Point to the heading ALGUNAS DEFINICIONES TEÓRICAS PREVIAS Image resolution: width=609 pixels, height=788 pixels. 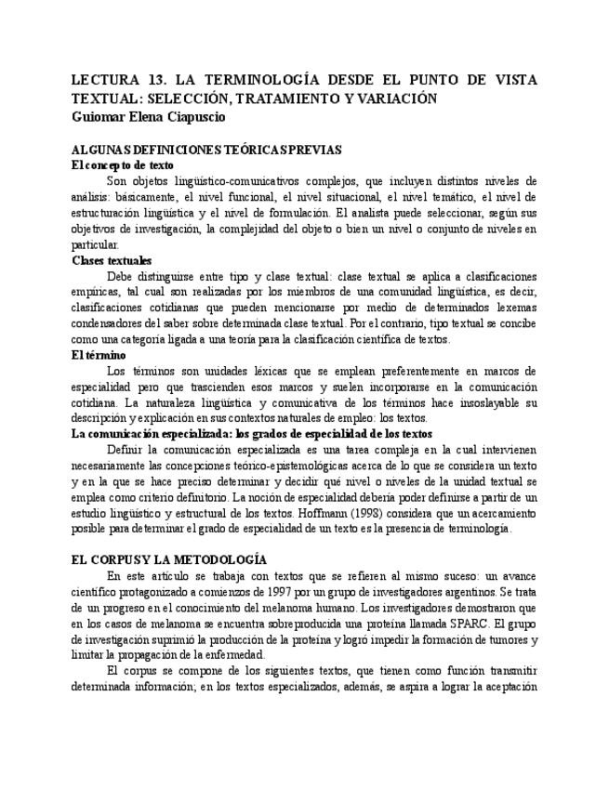point(206,149)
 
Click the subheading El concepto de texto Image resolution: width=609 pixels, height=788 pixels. point(122,164)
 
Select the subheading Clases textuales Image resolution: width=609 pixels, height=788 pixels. point(112,261)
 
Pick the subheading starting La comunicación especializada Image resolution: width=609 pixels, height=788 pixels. point(251,433)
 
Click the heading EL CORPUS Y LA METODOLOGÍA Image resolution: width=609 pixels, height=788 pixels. point(169,559)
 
